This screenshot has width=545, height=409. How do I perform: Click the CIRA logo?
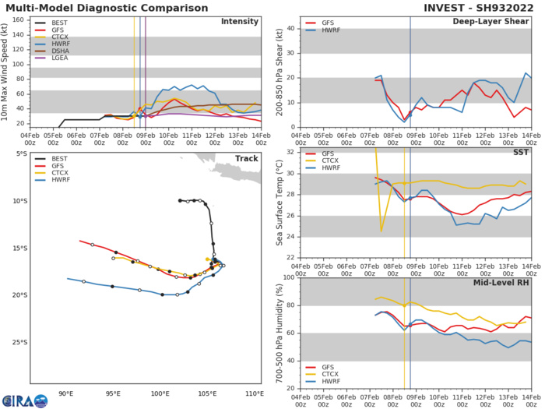coord(22,396)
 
